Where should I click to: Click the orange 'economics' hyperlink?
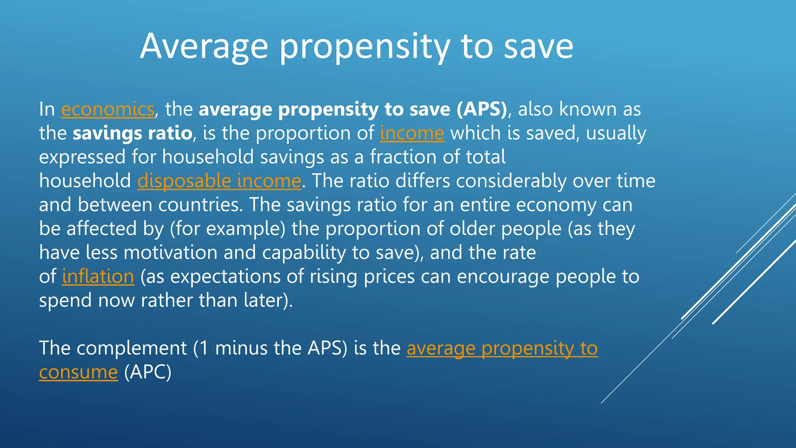click(108, 109)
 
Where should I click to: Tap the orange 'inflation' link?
click(98, 276)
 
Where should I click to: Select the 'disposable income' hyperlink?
click(219, 181)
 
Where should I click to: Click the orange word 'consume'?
click(78, 372)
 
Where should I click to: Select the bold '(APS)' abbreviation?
click(482, 109)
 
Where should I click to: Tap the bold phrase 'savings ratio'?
click(133, 133)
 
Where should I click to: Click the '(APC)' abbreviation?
click(148, 372)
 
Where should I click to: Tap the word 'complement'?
click(132, 348)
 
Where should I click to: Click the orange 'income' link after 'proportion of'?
click(412, 133)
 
